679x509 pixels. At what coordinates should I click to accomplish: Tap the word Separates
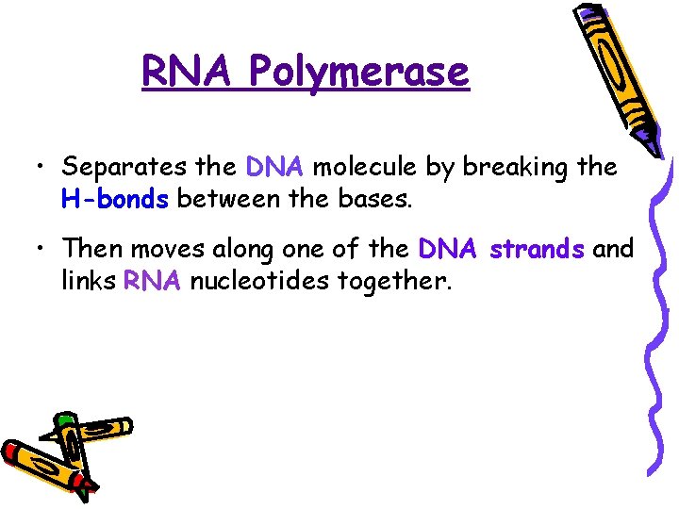pos(123,169)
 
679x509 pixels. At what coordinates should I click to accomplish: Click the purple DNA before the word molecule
pos(274,168)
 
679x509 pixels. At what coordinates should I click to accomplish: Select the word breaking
pos(518,168)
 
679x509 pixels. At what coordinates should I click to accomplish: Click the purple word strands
pos(538,250)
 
